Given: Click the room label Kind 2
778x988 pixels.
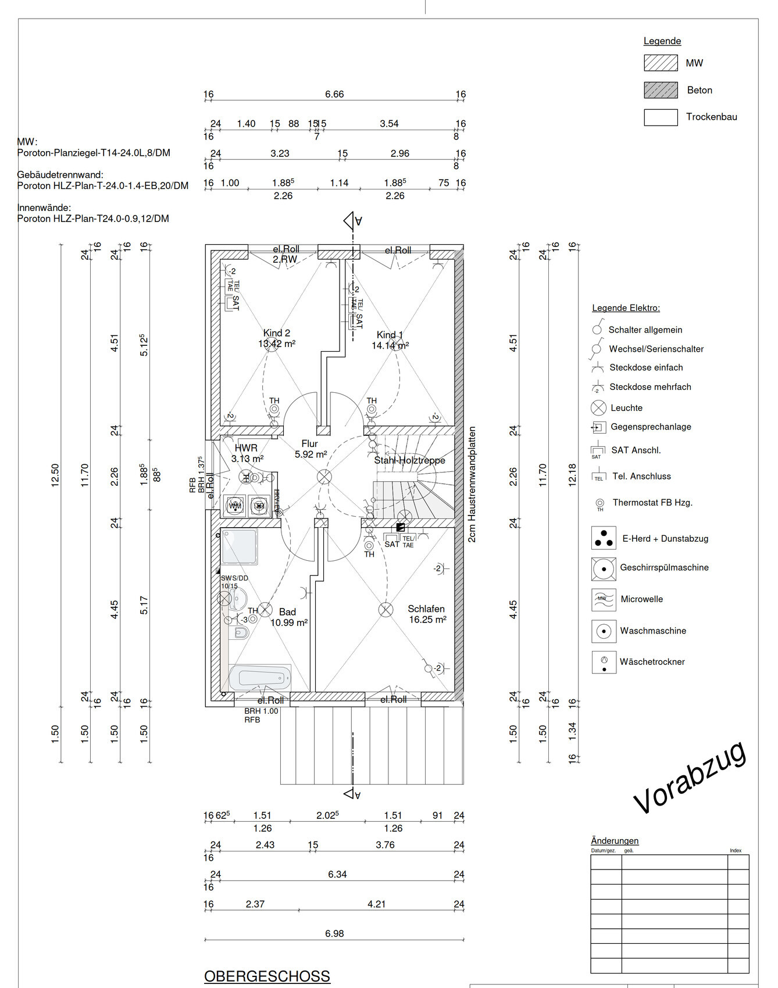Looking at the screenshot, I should point(276,333).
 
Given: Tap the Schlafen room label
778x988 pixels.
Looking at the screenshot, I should point(426,609).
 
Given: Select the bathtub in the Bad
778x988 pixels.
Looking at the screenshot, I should point(260,677).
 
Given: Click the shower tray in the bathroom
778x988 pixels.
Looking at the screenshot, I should point(239,546).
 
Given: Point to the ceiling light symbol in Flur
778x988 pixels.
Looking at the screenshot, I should point(324,477).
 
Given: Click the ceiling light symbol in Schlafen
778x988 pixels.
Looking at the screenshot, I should point(386,610).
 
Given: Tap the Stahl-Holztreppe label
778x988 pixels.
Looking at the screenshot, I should point(409,460).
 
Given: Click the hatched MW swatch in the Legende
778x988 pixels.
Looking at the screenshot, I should point(661,63).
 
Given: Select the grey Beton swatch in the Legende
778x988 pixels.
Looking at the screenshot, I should point(661,90).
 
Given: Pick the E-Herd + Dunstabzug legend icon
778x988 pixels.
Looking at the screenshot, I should point(604,538).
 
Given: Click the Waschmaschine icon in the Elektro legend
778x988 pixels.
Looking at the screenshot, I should point(604,631).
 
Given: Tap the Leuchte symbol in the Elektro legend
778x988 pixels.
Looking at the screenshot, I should point(598,408).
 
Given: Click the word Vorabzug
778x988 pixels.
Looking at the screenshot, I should point(690,778).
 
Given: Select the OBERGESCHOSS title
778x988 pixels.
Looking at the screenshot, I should point(267,976).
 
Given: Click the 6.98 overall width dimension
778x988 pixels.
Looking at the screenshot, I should point(334,933).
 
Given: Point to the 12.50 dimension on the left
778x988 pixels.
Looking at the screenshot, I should point(55,475).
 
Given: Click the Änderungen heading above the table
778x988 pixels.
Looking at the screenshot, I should point(615,840).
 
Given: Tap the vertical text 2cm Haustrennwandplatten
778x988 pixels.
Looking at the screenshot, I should point(472,484).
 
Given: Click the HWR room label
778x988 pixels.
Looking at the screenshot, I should point(246,448).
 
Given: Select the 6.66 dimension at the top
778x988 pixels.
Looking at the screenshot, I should point(334,94).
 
